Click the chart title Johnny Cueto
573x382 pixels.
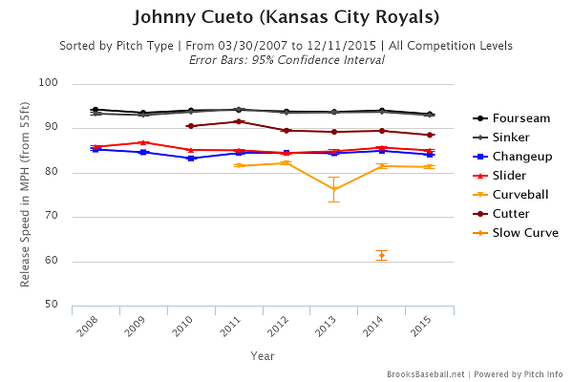[286, 17]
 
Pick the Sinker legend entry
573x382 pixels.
[512, 138]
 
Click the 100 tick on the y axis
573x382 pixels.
[76, 84]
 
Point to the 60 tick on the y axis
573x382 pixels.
[79, 262]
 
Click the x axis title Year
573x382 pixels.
[263, 354]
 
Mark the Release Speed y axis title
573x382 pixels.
[27, 195]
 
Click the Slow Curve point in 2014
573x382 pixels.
[381, 255]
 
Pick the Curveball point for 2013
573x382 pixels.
[333, 189]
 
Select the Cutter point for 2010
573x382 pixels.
[190, 126]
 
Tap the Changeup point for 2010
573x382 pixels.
[190, 159]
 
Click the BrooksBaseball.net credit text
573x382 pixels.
[429, 374]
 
